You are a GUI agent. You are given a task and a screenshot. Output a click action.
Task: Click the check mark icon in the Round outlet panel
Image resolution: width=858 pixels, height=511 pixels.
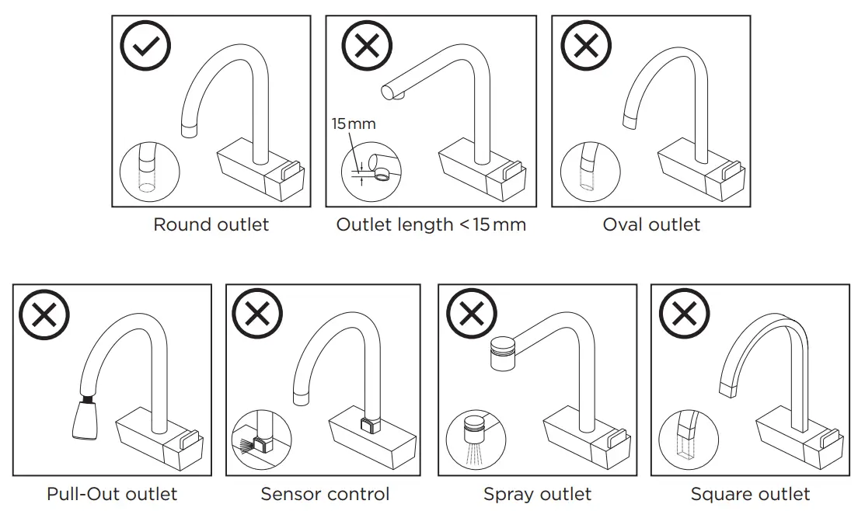(x=145, y=46)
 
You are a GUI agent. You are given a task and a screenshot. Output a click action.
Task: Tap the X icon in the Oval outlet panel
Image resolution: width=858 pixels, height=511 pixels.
(x=586, y=46)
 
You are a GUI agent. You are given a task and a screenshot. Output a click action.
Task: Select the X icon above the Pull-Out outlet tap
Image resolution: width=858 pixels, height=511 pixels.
(x=45, y=315)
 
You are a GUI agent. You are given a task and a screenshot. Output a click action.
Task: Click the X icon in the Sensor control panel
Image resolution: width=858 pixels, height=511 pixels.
(x=257, y=315)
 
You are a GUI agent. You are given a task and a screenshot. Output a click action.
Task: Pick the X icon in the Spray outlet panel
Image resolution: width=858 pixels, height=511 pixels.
(x=470, y=315)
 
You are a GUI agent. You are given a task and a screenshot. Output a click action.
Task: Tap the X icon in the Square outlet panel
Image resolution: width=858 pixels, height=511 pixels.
(x=683, y=315)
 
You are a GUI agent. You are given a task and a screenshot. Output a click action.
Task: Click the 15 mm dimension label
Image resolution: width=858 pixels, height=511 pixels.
(x=353, y=124)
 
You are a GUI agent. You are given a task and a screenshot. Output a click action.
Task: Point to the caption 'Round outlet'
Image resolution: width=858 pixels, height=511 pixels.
(x=211, y=225)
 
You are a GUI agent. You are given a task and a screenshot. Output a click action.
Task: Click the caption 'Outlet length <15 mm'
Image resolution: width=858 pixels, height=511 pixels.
(x=431, y=225)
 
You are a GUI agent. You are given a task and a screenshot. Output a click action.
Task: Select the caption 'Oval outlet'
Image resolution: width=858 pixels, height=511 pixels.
(x=651, y=225)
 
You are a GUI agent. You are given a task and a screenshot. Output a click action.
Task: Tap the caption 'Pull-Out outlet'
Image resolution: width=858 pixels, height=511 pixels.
(x=112, y=494)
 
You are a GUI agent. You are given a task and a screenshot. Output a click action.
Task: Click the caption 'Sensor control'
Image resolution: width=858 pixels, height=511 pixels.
(x=325, y=494)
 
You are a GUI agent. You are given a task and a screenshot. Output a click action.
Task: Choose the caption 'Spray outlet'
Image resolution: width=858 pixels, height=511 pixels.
(x=537, y=494)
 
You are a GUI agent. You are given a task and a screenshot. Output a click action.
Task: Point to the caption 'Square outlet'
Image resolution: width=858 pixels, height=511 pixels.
(x=750, y=494)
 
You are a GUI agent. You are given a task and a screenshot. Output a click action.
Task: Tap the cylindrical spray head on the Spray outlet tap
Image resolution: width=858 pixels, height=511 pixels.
(x=505, y=354)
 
